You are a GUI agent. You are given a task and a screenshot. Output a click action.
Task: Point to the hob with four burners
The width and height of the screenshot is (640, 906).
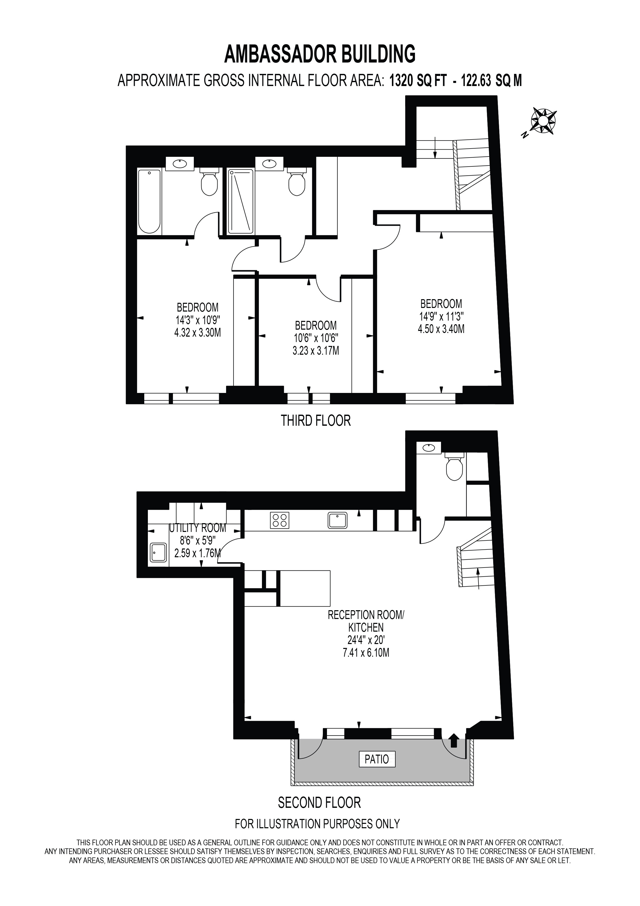pos(279,520)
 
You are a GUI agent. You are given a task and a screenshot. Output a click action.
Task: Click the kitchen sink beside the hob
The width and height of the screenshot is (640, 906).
pos(337,520)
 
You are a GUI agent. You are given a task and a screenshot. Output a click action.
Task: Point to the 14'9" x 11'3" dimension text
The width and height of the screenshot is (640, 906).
pos(441,316)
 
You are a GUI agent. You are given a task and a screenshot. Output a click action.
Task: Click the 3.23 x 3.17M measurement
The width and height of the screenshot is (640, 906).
pos(316,350)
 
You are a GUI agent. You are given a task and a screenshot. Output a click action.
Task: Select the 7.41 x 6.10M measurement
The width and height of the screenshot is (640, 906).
pos(366,652)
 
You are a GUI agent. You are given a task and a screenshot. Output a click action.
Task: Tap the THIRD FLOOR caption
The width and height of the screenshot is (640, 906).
pos(316,421)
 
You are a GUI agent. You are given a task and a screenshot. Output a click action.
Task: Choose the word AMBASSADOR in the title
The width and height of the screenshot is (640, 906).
pos(278,54)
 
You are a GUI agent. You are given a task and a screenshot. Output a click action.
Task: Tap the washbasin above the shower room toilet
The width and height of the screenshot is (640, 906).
pos(269,163)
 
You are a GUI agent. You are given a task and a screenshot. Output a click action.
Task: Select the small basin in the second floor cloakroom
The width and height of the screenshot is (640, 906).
pos(429,447)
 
